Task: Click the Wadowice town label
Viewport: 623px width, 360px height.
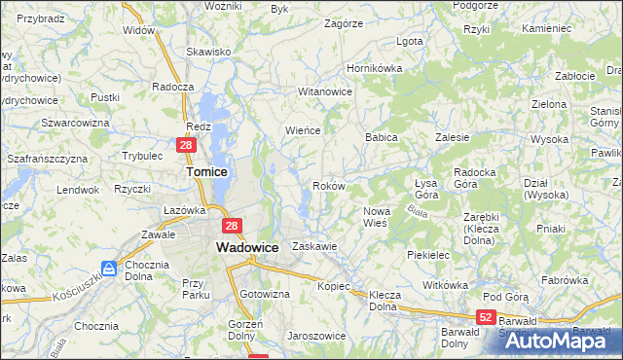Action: coord(246,248)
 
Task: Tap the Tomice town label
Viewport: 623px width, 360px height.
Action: coord(206,171)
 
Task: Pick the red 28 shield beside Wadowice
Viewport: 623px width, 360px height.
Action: coord(232,226)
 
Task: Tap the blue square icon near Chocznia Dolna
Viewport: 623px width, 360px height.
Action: coord(109,268)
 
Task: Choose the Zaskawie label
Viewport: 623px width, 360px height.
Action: coord(313,246)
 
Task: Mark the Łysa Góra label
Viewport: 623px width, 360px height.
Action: coord(425,190)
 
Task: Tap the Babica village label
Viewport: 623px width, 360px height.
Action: coord(382,137)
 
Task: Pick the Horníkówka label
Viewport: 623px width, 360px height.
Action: coord(375,69)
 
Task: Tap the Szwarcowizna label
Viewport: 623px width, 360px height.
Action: coord(75,123)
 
